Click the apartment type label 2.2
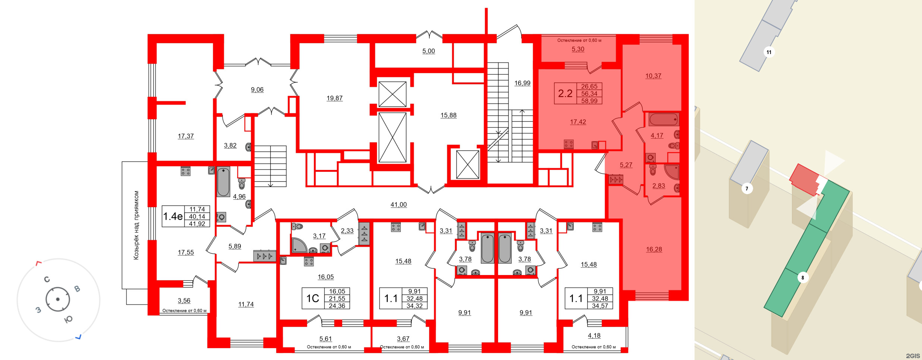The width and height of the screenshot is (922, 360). pos(565,93)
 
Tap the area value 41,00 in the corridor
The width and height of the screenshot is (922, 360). pos(399,205)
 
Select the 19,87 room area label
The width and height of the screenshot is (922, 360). pos(334,98)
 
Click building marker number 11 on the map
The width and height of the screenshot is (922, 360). pos(769,52)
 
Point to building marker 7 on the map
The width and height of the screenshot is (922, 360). pos(747,189)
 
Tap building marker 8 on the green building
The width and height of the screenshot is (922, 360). pos(803,278)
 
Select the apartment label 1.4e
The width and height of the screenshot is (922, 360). pos(173,216)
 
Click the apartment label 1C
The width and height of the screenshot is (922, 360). pos(312,298)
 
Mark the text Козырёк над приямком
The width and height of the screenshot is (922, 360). pos(136,225)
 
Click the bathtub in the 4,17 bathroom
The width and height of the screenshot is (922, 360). pos(663,120)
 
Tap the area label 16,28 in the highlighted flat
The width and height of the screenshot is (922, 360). pos(654,249)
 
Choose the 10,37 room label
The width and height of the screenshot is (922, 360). pos(653,76)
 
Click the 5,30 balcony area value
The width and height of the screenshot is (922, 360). pos(578,49)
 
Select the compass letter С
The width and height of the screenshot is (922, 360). pos(47,279)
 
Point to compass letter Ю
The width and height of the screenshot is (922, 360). pos(69,319)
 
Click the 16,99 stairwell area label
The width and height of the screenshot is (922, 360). pos(522,83)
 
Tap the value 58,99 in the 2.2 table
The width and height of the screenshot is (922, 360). pos(589,101)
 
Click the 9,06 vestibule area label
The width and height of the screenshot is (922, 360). pos(257,89)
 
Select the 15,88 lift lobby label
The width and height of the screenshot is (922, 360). pos(448,115)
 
